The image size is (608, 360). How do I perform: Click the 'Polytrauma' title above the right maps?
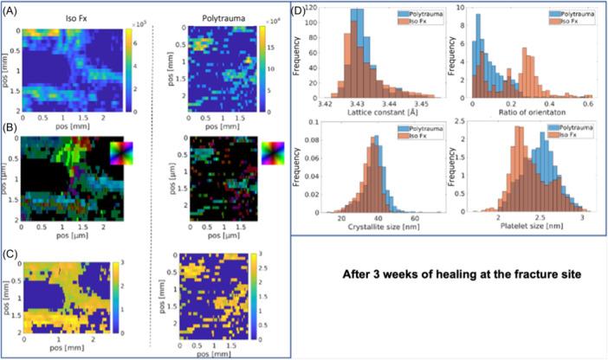tap(223, 11)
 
